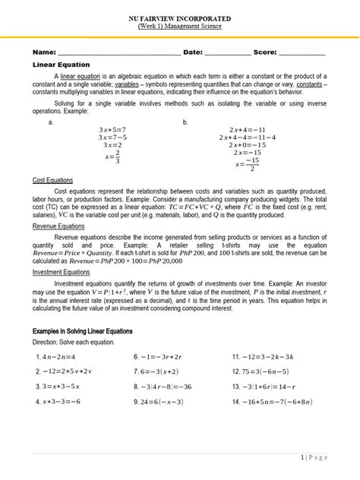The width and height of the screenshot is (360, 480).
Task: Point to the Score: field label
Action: (x=267, y=52)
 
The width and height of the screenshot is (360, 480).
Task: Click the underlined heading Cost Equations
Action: (x=53, y=181)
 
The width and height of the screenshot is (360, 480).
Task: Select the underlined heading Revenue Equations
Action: (x=59, y=226)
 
